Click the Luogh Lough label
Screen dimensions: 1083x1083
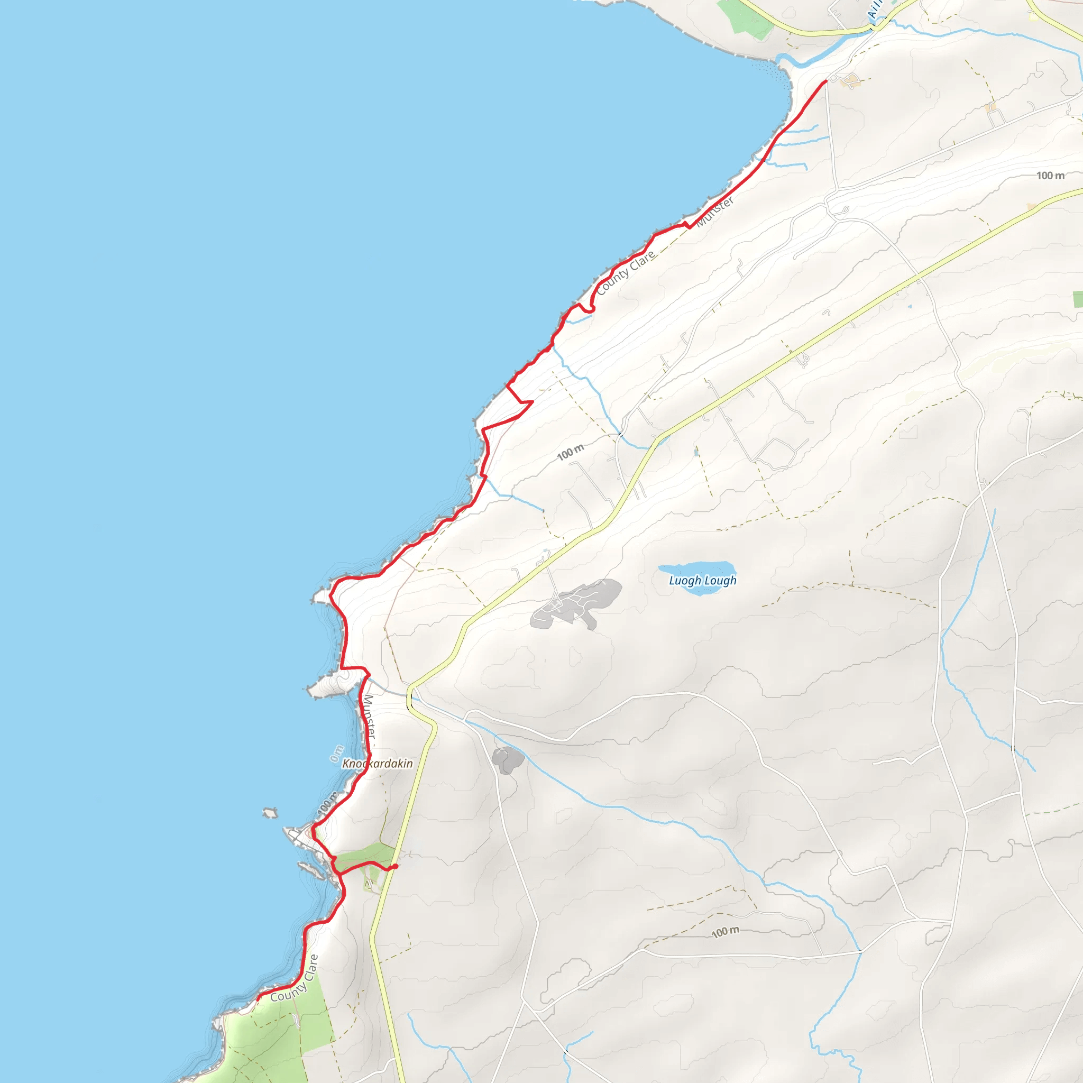point(702,581)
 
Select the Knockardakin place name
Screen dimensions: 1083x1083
point(377,764)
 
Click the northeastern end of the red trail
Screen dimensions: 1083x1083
point(825,81)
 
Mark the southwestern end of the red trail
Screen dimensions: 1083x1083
point(258,998)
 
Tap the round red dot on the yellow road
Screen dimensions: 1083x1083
point(396,866)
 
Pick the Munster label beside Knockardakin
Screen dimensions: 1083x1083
point(369,717)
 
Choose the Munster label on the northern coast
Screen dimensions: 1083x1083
point(715,212)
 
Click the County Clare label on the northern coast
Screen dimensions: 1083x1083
point(626,272)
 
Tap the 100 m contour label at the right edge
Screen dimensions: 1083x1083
point(1050,176)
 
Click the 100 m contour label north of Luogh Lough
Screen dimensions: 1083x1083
point(570,452)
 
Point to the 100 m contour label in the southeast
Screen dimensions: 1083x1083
point(726,932)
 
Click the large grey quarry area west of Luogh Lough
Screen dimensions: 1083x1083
point(577,604)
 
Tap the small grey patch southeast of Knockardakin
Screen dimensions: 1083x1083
point(507,760)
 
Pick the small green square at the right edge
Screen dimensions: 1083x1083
point(1077,299)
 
